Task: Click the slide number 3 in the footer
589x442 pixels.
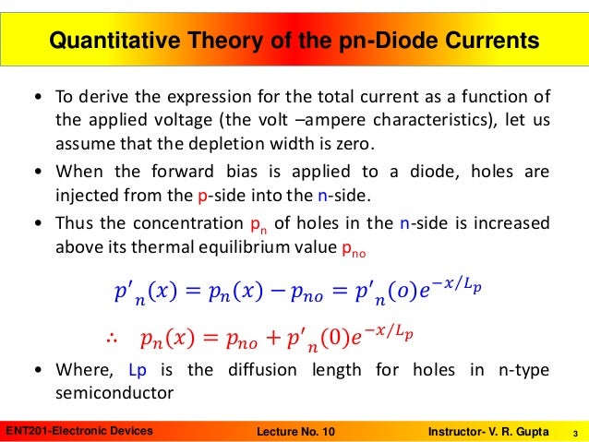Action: click(575, 431)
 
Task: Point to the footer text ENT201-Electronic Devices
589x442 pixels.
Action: click(79, 431)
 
